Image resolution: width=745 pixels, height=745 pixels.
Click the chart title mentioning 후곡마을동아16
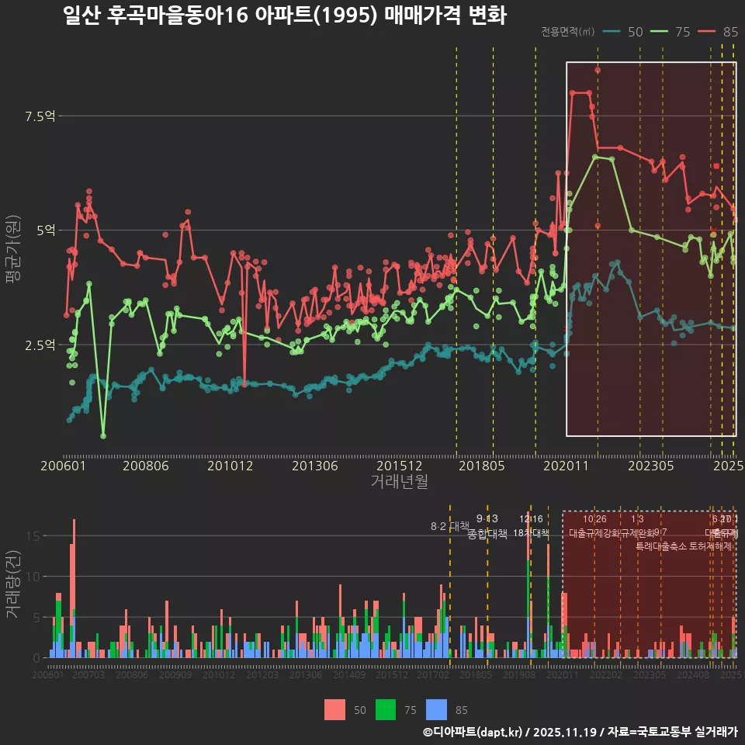(285, 16)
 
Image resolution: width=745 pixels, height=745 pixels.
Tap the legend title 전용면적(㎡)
(567, 32)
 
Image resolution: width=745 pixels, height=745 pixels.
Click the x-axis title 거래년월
(399, 481)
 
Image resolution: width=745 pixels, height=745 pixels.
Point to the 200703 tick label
(88, 675)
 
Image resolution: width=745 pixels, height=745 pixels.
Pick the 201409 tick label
(349, 675)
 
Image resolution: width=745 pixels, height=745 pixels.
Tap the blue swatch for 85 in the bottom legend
(438, 709)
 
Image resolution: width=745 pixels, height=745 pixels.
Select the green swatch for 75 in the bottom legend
(386, 709)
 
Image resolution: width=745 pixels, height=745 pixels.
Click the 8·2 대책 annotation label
(451, 526)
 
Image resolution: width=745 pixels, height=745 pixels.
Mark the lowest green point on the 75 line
(103, 435)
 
